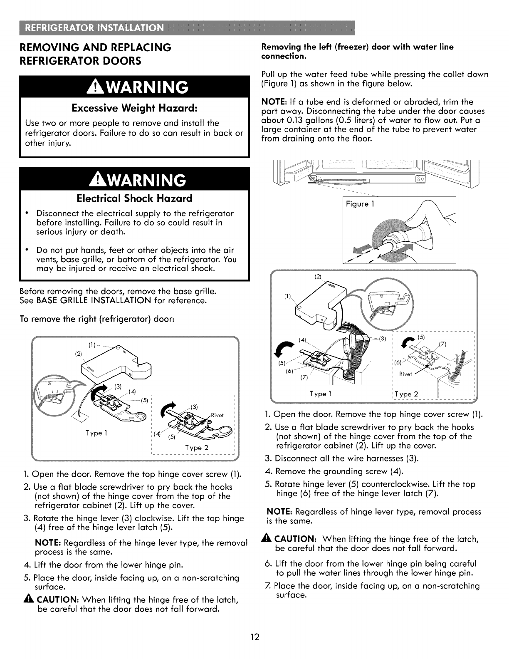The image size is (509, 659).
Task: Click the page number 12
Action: point(254,637)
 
